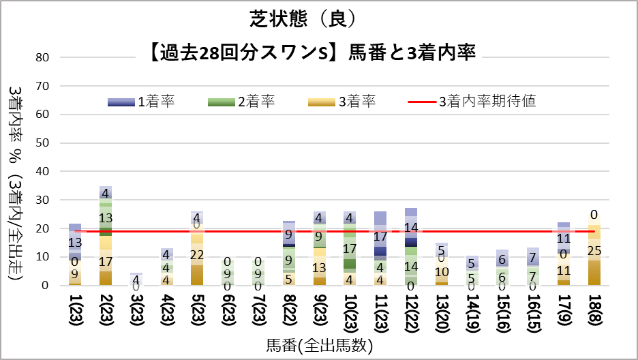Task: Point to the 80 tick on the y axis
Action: point(42,57)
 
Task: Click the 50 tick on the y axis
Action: point(42,143)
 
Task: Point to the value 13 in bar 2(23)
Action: point(106,218)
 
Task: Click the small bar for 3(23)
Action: point(136,279)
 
